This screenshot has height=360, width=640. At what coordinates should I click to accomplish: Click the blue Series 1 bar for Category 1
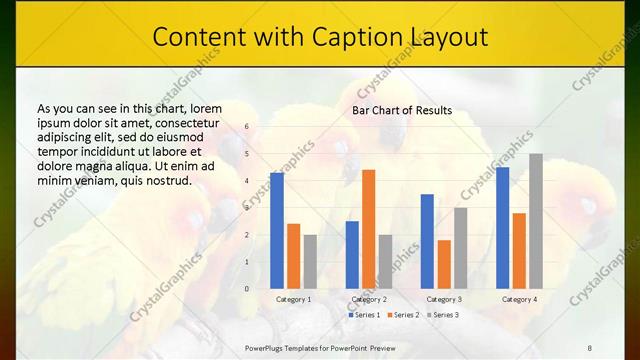pos(277,230)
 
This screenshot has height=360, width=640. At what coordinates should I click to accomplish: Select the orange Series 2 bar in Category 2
pos(368,229)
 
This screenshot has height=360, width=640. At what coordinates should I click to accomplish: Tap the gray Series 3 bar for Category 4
pos(536,221)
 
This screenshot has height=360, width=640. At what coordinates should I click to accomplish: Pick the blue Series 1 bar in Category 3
pos(427,241)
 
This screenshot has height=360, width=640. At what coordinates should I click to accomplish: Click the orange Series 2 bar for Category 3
pos(444,264)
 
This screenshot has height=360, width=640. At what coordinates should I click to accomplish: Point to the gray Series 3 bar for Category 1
pos(310,262)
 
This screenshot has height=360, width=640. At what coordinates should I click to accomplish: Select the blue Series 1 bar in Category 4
pos(502,228)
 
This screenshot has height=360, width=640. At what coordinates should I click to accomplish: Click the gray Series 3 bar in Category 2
pos(385,262)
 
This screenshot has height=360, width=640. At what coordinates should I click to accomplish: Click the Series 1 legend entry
pos(364,315)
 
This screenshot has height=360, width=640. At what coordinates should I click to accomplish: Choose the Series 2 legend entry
pos(403,315)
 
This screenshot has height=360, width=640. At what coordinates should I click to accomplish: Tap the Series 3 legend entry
pos(443,315)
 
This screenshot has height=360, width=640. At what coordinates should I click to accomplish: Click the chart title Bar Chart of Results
pos(402,110)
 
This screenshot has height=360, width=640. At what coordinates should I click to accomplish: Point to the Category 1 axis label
pos(293,299)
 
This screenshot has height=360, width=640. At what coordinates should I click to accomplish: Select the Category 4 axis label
pos(519,299)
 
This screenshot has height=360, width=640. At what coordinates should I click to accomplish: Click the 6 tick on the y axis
pos(246,127)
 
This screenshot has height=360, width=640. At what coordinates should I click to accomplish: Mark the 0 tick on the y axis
pos(246,289)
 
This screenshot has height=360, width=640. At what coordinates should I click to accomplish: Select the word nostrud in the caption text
pos(168,181)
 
